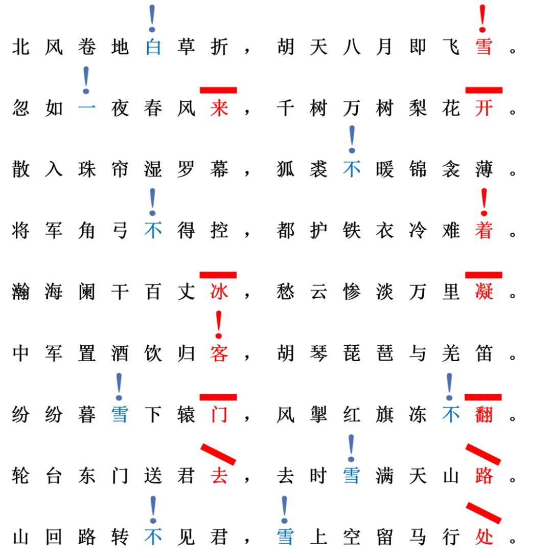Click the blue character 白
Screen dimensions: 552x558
pyautogui.click(x=153, y=47)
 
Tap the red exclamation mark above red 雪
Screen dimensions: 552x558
pyautogui.click(x=482, y=18)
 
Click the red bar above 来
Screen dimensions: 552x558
pyautogui.click(x=218, y=90)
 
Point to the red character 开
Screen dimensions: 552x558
pyautogui.click(x=484, y=108)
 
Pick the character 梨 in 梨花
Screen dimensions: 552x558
pyautogui.click(x=418, y=108)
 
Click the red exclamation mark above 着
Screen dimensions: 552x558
pyautogui.click(x=484, y=202)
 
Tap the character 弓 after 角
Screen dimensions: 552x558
pyautogui.click(x=120, y=231)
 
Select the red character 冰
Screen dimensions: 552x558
pyautogui.click(x=219, y=292)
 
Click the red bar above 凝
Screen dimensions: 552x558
pyautogui.click(x=484, y=275)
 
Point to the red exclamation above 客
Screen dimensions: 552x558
pyautogui.click(x=219, y=325)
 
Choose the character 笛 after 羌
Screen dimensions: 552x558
pyautogui.click(x=484, y=353)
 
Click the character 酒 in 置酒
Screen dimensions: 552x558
pyautogui.click(x=120, y=353)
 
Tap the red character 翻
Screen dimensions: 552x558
pyautogui.click(x=484, y=415)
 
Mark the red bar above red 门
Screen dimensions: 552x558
pyautogui.click(x=218, y=397)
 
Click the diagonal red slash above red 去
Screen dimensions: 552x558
pyautogui.click(x=218, y=455)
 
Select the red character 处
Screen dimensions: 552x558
pyautogui.click(x=484, y=537)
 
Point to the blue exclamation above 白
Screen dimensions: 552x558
pyautogui.click(x=152, y=18)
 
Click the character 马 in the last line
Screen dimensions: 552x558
pyautogui.click(x=418, y=537)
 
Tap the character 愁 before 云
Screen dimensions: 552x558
pyautogui.click(x=286, y=292)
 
